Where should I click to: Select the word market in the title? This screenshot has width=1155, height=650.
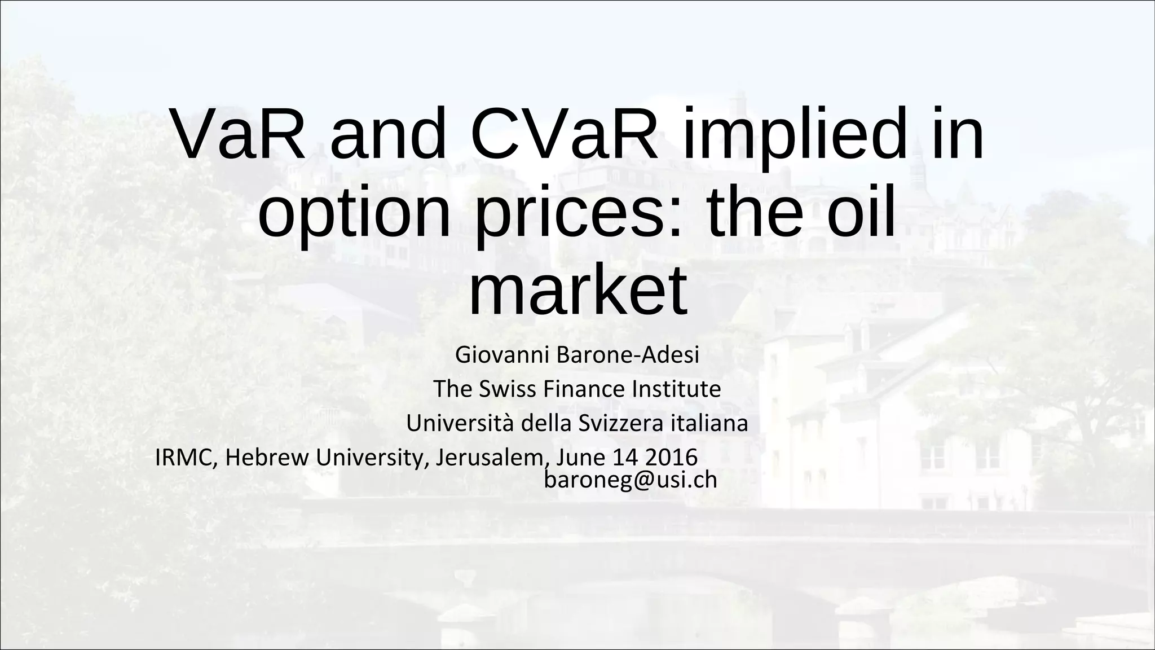(x=577, y=291)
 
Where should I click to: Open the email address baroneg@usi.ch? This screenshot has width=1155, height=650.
(x=631, y=480)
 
